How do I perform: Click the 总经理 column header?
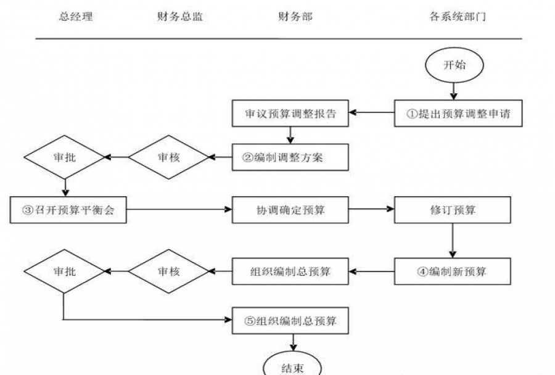point(76,17)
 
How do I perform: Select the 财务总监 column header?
point(180,17)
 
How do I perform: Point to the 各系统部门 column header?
point(457,17)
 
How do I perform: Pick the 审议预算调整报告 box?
point(290,113)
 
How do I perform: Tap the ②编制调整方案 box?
point(290,157)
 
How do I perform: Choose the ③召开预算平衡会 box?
point(68,210)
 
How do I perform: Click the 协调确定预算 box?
point(290,210)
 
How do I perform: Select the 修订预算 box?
point(453,210)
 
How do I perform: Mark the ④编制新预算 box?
point(453,271)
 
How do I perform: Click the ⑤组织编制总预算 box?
point(290,321)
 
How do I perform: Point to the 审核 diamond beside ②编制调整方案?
point(168,157)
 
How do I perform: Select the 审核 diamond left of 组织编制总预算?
point(168,271)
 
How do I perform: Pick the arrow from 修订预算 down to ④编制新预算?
point(453,241)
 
